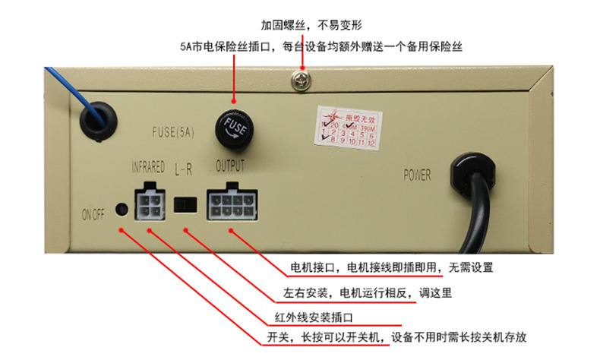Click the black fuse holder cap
point(234,126)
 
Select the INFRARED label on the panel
point(148,167)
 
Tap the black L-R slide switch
point(185,204)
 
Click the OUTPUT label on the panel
point(230,166)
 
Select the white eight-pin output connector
point(231,204)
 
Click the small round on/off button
point(120,209)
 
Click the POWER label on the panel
point(416,175)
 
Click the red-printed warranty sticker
point(345,126)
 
